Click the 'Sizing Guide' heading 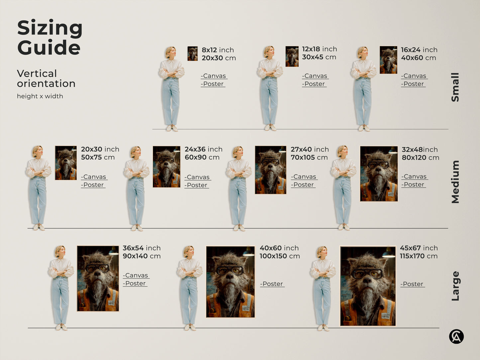[49, 38]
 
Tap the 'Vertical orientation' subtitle [46, 78]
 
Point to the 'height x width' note [40, 96]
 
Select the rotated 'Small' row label [455, 87]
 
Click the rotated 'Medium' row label [455, 182]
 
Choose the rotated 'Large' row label [455, 286]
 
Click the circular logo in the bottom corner [456, 336]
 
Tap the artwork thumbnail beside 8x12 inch [192, 53]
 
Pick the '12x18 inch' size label [319, 49]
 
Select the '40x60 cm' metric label [418, 58]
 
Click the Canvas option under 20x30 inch [94, 177]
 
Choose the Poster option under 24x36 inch [197, 185]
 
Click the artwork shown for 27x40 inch [270, 170]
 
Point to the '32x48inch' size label [420, 150]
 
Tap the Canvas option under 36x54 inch [136, 276]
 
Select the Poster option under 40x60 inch [272, 284]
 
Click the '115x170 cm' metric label [419, 256]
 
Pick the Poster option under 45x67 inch [412, 284]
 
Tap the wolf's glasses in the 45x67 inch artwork [367, 274]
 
